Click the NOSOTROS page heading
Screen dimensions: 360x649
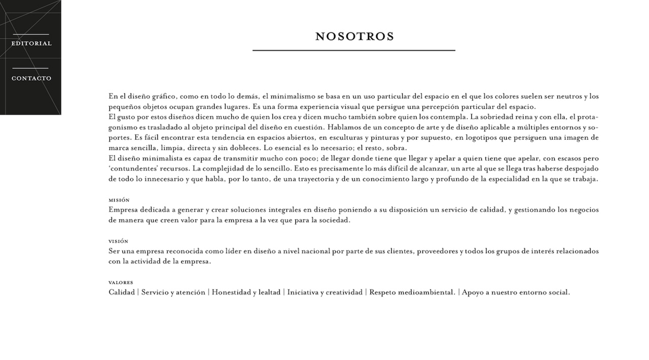[354, 37]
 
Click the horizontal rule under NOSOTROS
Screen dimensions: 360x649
[353, 51]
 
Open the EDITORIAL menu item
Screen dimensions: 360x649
[31, 44]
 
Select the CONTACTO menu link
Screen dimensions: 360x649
[31, 79]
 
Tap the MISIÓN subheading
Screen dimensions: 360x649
[119, 200]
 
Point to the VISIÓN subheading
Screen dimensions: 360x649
[119, 241]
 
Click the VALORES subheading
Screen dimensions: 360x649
[121, 282]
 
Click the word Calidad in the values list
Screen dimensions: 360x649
[122, 293]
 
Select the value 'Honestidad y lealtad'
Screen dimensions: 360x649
[246, 293]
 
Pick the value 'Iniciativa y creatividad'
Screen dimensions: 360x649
[324, 293]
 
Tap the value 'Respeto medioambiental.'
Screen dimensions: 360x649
[412, 293]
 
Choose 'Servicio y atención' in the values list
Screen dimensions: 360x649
[173, 293]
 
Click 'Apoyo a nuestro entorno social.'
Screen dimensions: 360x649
[516, 293]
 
